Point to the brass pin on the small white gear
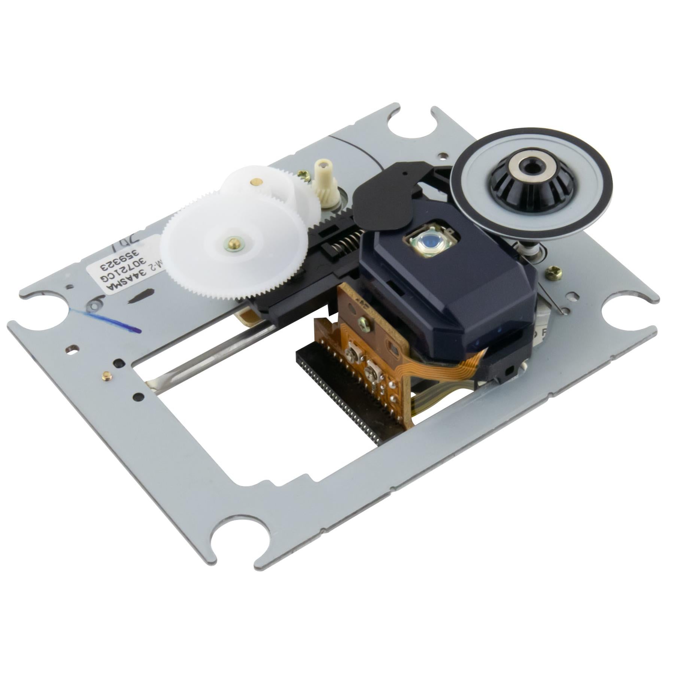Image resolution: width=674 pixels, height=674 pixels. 256,182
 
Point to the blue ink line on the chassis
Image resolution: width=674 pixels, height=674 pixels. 112,321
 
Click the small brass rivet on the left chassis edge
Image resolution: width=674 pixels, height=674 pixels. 106,374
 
